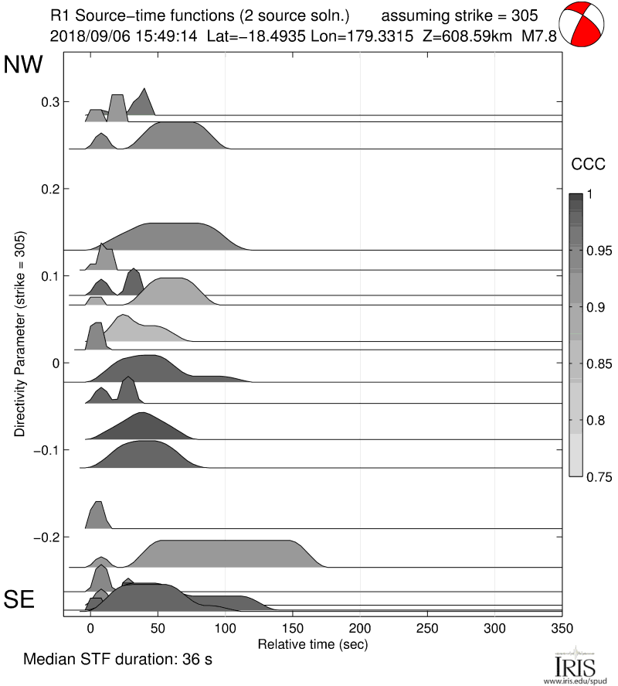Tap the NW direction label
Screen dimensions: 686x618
pyautogui.click(x=24, y=66)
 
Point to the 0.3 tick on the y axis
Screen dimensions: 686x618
pyautogui.click(x=50, y=102)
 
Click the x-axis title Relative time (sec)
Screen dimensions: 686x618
pyautogui.click(x=312, y=643)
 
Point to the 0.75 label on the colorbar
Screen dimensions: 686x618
pyautogui.click(x=594, y=476)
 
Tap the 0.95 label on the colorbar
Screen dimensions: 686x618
pyautogui.click(x=594, y=251)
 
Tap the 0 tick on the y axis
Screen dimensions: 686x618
pyautogui.click(x=55, y=363)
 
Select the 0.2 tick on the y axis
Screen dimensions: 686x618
pyautogui.click(x=50, y=189)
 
